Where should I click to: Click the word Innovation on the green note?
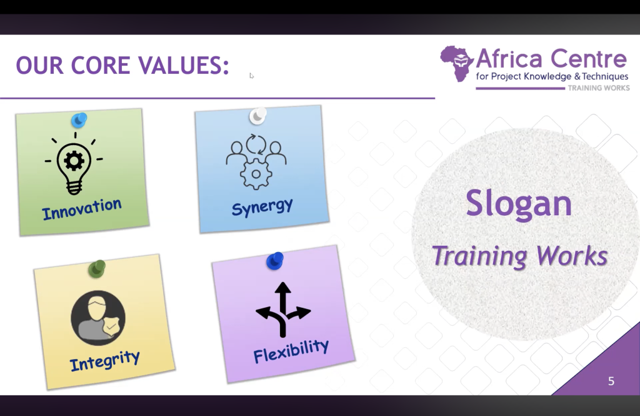82,208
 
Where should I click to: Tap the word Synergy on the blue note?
262,207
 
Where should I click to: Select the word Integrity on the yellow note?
104,360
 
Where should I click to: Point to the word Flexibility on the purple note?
291,351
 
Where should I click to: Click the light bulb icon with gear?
74,163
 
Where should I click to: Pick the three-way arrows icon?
283,310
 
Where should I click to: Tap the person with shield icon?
98,318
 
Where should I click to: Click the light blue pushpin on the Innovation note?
79,120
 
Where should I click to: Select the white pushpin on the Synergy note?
258,116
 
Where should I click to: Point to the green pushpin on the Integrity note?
97,269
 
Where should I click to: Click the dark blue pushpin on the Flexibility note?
275,261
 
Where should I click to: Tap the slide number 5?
611,381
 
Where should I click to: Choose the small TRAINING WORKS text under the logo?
599,88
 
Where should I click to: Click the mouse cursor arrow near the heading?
251,76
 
